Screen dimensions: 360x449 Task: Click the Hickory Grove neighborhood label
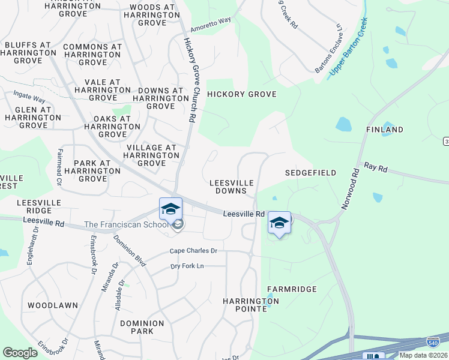click(x=241, y=94)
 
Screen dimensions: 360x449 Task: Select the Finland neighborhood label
click(x=385, y=130)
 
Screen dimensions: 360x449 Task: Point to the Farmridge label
click(x=292, y=289)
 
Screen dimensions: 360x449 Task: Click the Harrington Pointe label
click(x=244, y=304)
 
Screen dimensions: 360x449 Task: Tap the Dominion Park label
click(x=142, y=327)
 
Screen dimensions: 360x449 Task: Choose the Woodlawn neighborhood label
click(x=53, y=305)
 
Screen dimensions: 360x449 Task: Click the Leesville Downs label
click(x=231, y=187)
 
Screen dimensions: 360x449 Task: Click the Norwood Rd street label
click(x=350, y=187)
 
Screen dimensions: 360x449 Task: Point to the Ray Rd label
click(x=376, y=167)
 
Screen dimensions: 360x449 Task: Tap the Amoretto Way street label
click(x=211, y=25)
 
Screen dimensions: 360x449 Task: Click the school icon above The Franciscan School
click(x=170, y=209)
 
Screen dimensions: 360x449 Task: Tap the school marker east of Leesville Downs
click(x=279, y=223)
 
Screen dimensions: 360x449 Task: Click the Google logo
click(x=20, y=353)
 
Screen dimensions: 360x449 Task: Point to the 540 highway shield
click(x=432, y=341)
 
